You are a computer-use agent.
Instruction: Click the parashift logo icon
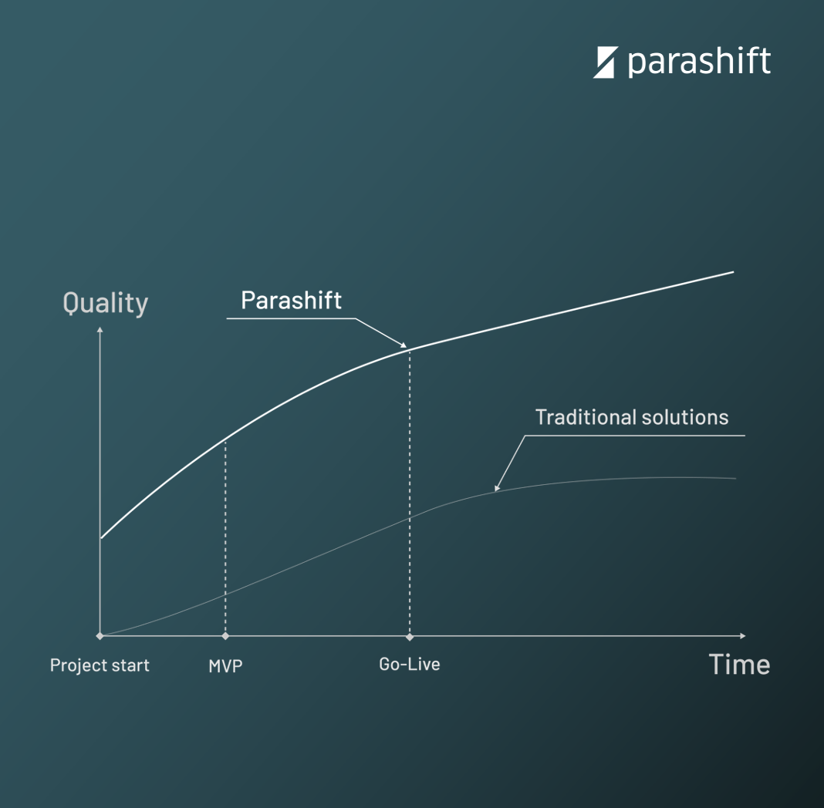coord(605,62)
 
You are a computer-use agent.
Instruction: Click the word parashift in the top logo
coord(699,62)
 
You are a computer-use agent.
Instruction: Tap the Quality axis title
coord(105,304)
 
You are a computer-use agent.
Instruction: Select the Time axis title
coord(739,664)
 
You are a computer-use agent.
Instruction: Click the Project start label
coord(100,665)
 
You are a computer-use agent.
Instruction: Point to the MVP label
coord(225,665)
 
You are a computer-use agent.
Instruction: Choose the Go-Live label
coord(410,664)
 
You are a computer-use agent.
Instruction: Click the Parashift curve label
coord(291,301)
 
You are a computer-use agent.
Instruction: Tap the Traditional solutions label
coord(632,417)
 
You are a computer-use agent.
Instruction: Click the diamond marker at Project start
coord(100,636)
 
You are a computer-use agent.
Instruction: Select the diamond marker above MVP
coord(225,636)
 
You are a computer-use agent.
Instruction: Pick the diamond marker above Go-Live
coord(410,636)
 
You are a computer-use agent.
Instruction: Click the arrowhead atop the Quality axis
coord(100,330)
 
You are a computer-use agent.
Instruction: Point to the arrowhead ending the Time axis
coord(742,636)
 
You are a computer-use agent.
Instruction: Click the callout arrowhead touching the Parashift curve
coord(404,345)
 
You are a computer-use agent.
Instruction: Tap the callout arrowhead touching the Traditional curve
coord(497,488)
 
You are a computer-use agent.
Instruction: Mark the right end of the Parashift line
coord(733,272)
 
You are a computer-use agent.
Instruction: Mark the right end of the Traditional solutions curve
coord(736,478)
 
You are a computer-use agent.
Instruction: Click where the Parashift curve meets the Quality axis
coord(100,538)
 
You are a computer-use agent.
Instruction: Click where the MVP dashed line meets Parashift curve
coord(225,439)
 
